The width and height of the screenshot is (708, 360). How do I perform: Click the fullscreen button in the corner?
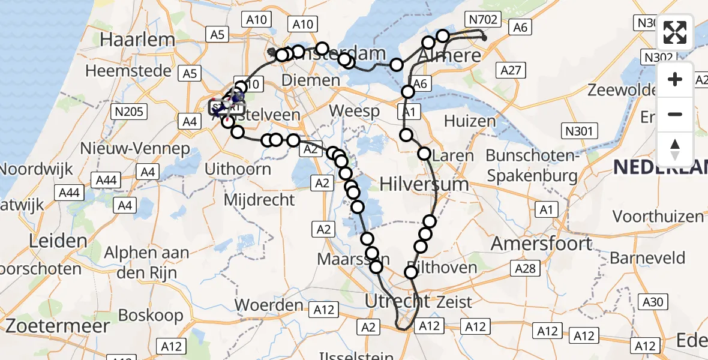[675, 32]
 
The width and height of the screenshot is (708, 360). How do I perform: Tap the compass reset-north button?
[675, 149]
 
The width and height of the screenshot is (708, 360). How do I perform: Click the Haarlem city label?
[138, 40]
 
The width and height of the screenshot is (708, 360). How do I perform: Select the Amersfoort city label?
[542, 244]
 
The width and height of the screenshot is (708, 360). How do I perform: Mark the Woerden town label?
[269, 305]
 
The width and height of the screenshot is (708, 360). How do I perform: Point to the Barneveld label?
[647, 258]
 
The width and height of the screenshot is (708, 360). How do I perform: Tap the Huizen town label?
[470, 121]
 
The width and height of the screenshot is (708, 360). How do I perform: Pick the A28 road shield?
[525, 269]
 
